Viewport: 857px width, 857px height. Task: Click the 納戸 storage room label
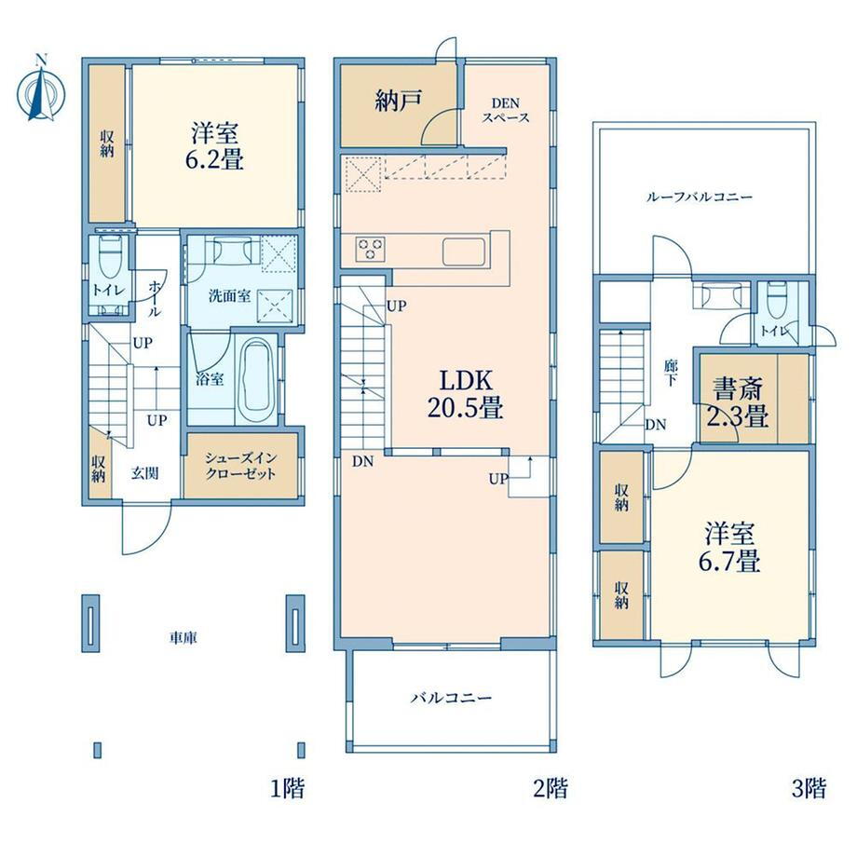tap(399, 101)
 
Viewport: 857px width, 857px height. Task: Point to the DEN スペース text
tap(506, 110)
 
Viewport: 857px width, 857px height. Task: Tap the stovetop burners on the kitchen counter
tap(371, 250)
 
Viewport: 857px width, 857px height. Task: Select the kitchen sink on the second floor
tap(464, 252)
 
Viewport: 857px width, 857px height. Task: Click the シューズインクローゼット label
tap(240, 466)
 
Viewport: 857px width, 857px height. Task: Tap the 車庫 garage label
tap(184, 637)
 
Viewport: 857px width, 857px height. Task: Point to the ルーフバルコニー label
tap(700, 197)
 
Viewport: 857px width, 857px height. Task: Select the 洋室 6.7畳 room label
tap(729, 546)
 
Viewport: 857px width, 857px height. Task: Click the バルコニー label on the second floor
tap(452, 698)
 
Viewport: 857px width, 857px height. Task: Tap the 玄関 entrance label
tap(144, 473)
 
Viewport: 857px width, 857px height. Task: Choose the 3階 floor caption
tap(809, 787)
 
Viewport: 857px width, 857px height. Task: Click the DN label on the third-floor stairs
tap(655, 424)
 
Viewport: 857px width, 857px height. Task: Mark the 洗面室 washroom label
tap(230, 295)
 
